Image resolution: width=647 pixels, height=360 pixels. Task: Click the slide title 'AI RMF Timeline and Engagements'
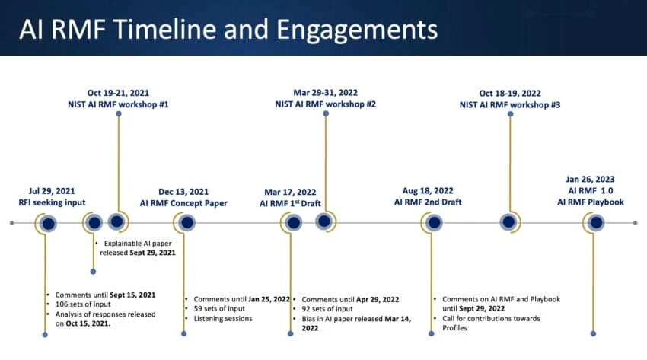coord(228,30)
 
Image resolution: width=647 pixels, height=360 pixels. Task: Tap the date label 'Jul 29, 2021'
coord(52,191)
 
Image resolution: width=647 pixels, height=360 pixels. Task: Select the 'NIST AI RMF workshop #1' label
coord(118,104)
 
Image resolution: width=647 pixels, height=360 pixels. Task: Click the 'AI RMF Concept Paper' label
coord(183,203)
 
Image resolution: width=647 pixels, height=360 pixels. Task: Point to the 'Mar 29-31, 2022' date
coord(326,93)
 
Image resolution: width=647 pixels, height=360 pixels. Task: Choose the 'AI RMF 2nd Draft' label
coord(428,202)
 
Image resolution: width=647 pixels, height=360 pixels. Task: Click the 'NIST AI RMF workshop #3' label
coord(510,105)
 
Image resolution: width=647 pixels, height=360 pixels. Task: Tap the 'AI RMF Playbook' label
coord(591,202)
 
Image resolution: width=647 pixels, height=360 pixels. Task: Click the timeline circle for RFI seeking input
coord(48,224)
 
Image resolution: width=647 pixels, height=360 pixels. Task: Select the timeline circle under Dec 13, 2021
coord(187,223)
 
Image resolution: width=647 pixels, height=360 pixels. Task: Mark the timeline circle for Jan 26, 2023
coord(596,223)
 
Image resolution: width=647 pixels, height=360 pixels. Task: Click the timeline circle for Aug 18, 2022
coord(434,223)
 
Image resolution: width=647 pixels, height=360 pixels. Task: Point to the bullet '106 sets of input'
coord(83,304)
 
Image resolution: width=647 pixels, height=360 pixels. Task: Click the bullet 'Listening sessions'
coord(223,318)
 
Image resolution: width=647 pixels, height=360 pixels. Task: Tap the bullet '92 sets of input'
coord(327,309)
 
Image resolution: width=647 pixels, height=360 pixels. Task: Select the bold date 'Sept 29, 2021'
coord(153,253)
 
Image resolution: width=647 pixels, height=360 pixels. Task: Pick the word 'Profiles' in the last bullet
coord(454,328)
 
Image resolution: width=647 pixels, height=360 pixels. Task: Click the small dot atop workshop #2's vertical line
coord(326,113)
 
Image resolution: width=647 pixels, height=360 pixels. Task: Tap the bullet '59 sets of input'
coord(219,308)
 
